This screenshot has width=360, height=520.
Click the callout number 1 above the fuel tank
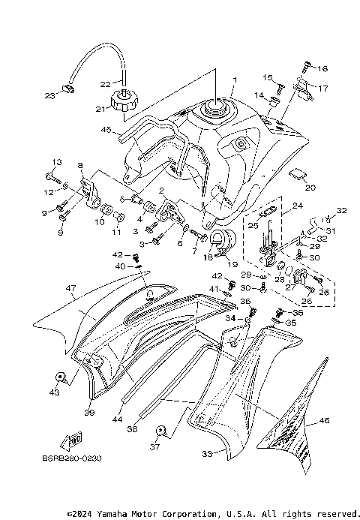coord(234,79)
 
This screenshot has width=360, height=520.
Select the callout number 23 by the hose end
coord(50,95)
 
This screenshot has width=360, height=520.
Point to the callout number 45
coord(107,130)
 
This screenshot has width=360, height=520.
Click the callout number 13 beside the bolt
coord(56,163)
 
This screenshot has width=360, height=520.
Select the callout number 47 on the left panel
coord(70,287)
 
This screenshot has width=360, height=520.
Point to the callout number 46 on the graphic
coord(325,422)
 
